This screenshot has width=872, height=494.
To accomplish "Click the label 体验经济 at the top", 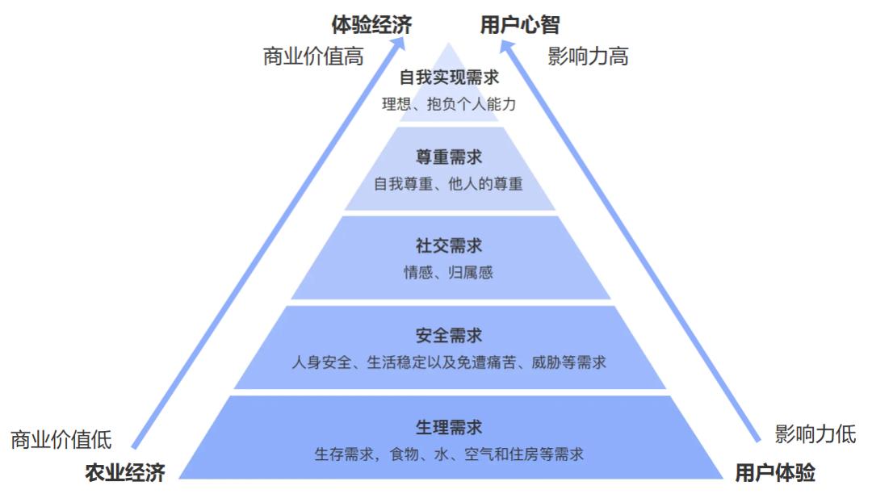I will [x=371, y=25].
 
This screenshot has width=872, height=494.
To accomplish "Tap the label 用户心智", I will [x=519, y=25].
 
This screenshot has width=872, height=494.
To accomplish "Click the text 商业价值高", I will [x=312, y=57].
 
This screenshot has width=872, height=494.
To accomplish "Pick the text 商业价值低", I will [x=61, y=440].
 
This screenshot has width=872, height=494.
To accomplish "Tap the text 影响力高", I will [x=588, y=57].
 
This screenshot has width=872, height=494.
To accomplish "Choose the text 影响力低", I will [x=815, y=433].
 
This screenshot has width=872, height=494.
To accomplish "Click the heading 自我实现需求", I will [x=449, y=78].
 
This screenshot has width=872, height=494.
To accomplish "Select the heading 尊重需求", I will [x=449, y=157].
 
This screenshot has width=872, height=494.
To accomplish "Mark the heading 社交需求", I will [x=449, y=245].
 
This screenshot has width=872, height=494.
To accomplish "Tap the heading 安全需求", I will [x=449, y=335].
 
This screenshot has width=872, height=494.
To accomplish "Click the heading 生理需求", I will [x=449, y=427].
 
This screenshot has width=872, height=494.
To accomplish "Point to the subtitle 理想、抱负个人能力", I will [x=449, y=104].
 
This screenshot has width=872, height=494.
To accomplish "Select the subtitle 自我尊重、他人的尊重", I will [x=449, y=184].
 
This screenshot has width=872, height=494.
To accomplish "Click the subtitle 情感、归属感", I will [x=449, y=273].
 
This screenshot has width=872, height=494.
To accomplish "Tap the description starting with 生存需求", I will [x=449, y=454].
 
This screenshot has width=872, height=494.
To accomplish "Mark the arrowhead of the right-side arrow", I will [x=505, y=47].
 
